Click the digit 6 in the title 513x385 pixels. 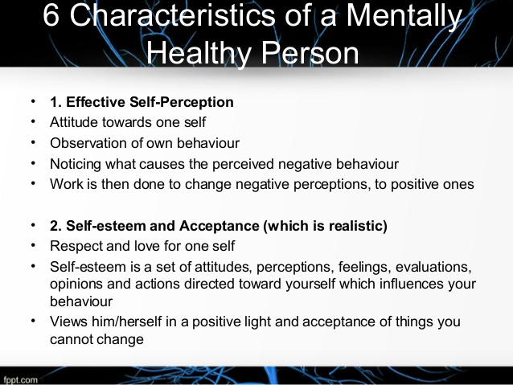click(51, 15)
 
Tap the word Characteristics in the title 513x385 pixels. click(172, 15)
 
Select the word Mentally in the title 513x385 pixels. click(404, 17)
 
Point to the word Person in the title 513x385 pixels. click(310, 53)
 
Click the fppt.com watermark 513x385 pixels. click(21, 379)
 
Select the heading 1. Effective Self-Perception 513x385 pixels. click(142, 102)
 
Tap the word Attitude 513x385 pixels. click(74, 122)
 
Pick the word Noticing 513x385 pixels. click(76, 165)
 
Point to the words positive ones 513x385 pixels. click(433, 185)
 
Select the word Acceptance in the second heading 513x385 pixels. click(219, 226)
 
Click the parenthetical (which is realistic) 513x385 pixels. click(325, 227)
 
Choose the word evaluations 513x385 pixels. click(433, 267)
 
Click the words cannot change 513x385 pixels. click(96, 339)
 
